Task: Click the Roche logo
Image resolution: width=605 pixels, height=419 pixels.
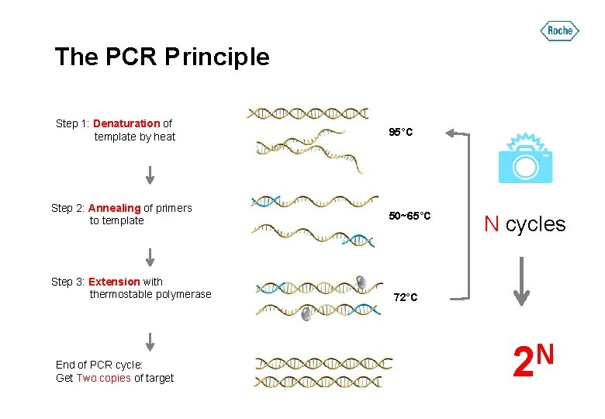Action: click(559, 31)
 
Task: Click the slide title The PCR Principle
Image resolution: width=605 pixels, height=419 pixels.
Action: click(162, 57)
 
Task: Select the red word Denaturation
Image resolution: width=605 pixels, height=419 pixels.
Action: click(126, 123)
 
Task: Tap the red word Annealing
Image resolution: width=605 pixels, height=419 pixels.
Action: click(114, 208)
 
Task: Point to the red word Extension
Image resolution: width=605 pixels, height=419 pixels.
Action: click(114, 282)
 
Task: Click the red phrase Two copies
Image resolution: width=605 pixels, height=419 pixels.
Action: click(103, 378)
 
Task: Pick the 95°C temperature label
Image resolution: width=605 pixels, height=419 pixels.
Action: click(400, 133)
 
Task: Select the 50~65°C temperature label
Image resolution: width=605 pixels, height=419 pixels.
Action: click(410, 215)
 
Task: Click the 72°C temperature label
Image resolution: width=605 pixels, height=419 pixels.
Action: click(405, 297)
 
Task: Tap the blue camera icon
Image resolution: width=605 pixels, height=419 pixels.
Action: click(525, 158)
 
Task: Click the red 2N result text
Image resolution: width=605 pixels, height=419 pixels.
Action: click(533, 361)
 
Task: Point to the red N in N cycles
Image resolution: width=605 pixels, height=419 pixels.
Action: click(491, 224)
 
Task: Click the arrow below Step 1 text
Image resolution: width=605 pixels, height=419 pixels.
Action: click(150, 175)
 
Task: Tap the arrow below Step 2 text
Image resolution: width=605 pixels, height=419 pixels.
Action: click(150, 256)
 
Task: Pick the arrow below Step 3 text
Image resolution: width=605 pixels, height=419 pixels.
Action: click(150, 341)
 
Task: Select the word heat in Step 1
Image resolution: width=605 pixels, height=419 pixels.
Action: click(164, 137)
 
